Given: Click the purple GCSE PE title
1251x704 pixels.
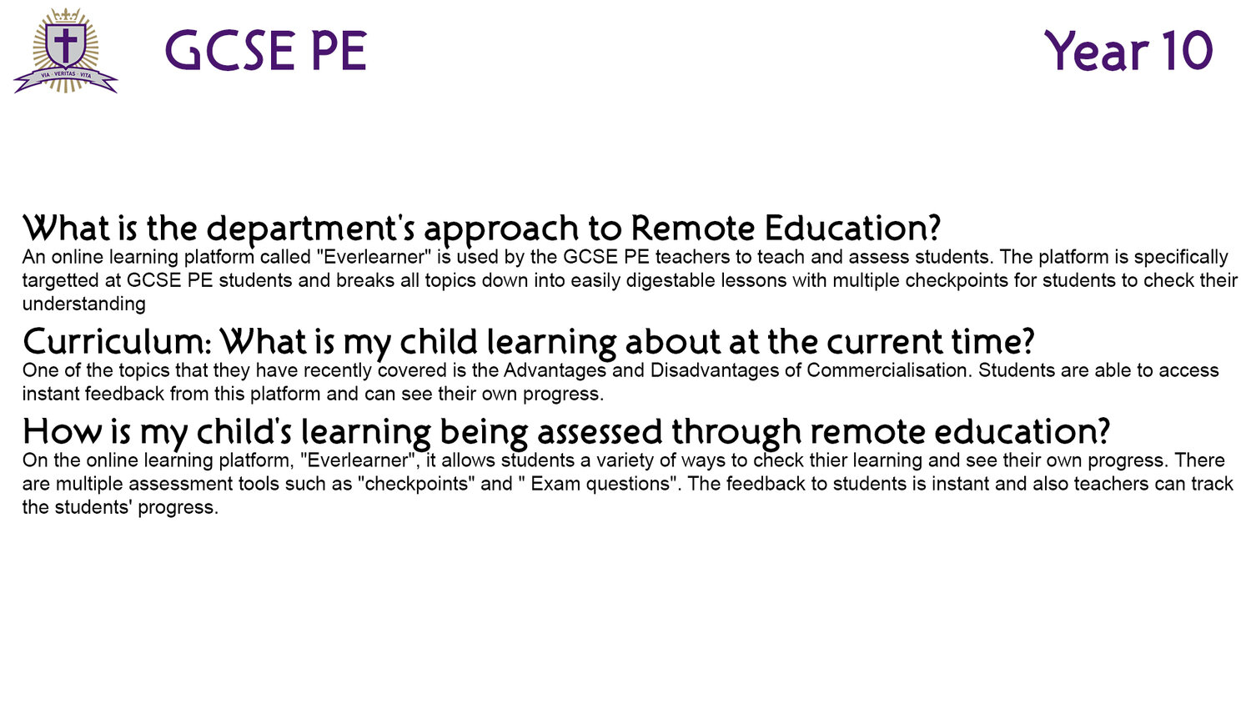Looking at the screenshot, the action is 266,51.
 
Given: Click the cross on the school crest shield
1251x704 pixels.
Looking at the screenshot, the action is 65,45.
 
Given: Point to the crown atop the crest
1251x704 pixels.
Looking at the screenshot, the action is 65,14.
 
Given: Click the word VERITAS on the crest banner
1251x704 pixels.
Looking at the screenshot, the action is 65,73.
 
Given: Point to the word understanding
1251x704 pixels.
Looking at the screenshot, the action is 83,304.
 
